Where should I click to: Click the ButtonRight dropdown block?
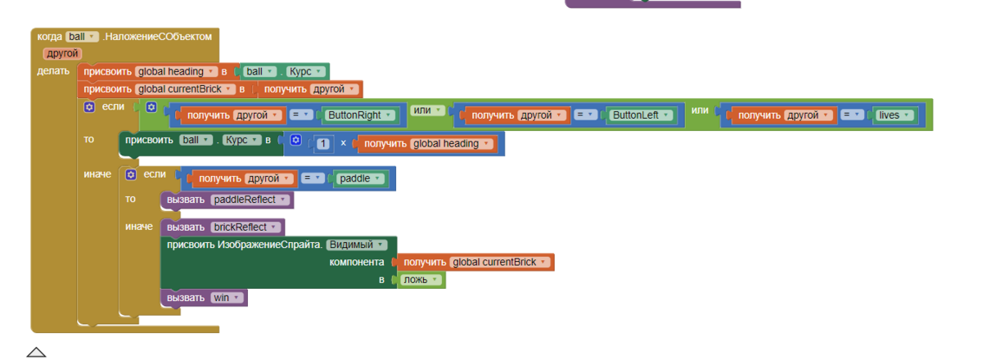click(x=358, y=115)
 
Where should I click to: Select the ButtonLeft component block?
click(x=640, y=115)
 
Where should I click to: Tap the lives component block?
click(x=894, y=115)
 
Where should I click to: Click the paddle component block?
click(x=359, y=178)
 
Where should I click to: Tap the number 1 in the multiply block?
click(x=323, y=144)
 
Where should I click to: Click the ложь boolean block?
click(x=420, y=280)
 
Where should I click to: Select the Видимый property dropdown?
click(x=357, y=245)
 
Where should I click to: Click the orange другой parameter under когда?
click(x=62, y=53)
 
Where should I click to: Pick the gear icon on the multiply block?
click(x=296, y=140)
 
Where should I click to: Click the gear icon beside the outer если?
click(x=89, y=107)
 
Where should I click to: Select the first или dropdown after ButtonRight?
click(x=427, y=110)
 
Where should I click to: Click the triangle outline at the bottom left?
click(x=36, y=352)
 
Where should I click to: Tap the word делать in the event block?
click(x=53, y=71)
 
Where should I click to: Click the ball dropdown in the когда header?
click(x=82, y=37)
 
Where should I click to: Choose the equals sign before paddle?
click(x=313, y=178)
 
